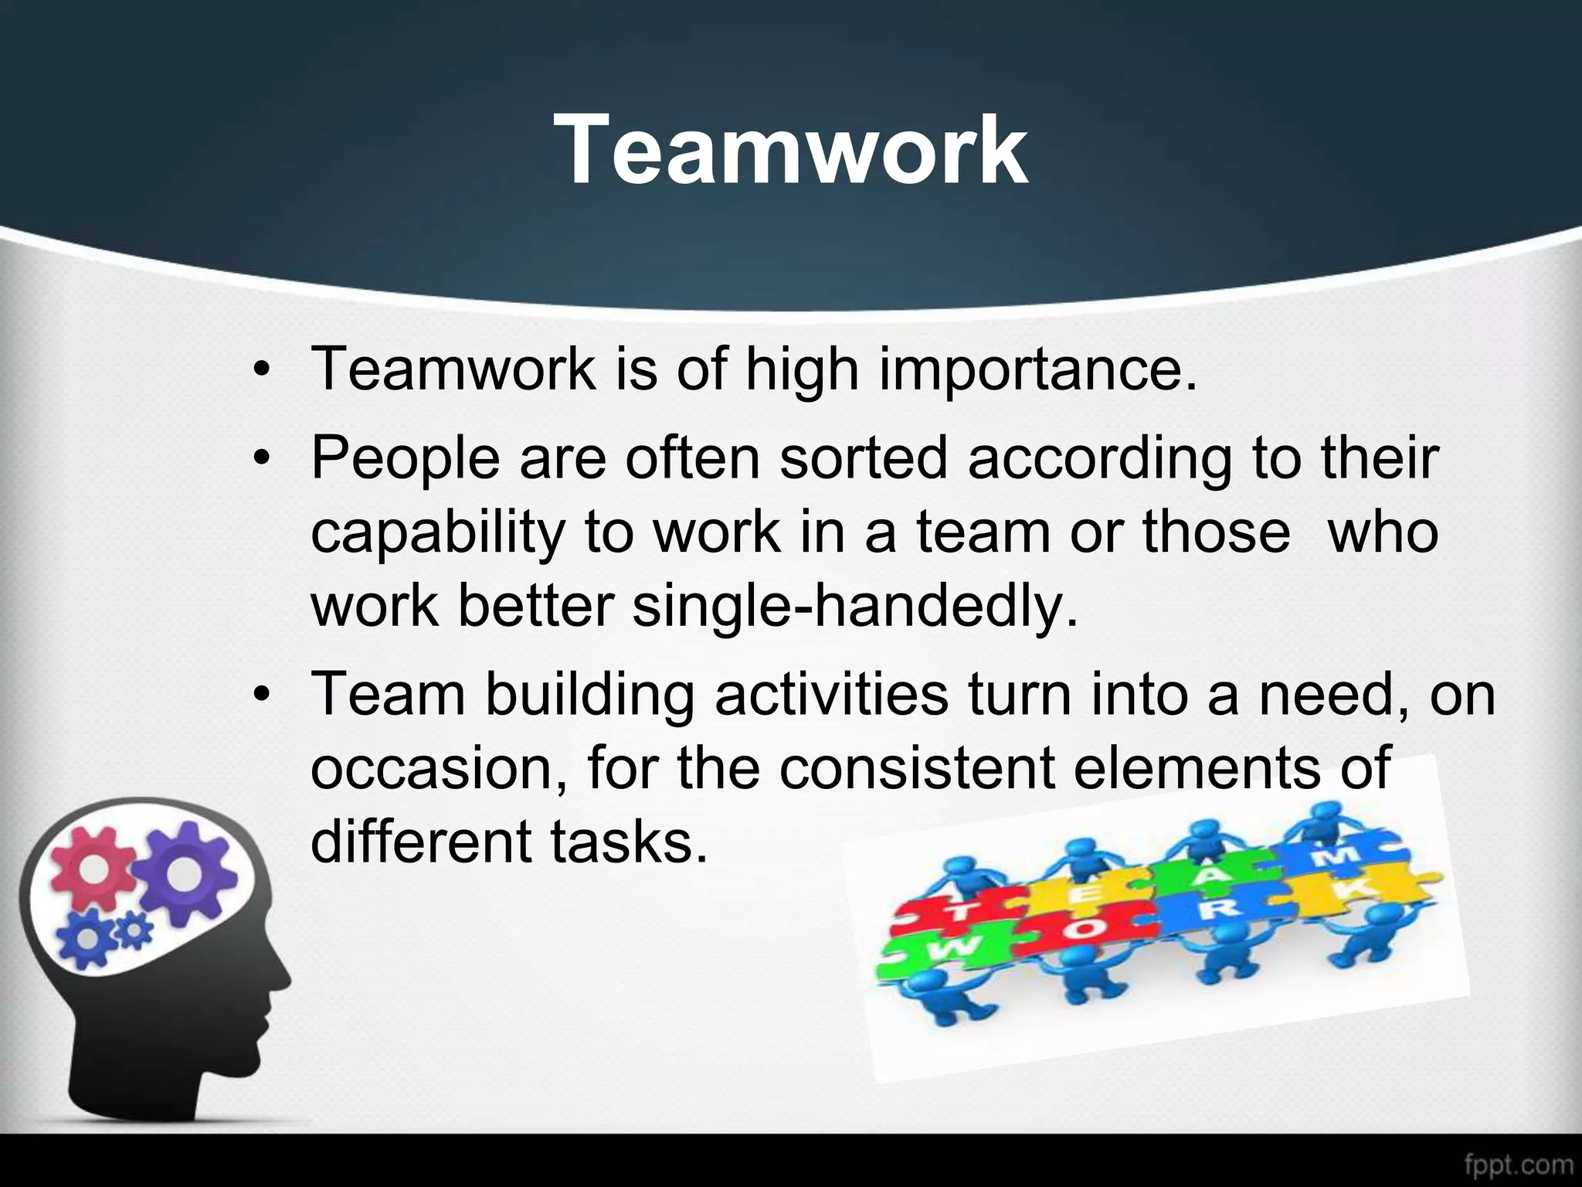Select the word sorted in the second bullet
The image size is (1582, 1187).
click(x=863, y=458)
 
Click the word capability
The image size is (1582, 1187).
click(x=438, y=534)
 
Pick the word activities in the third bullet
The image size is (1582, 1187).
click(x=831, y=694)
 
